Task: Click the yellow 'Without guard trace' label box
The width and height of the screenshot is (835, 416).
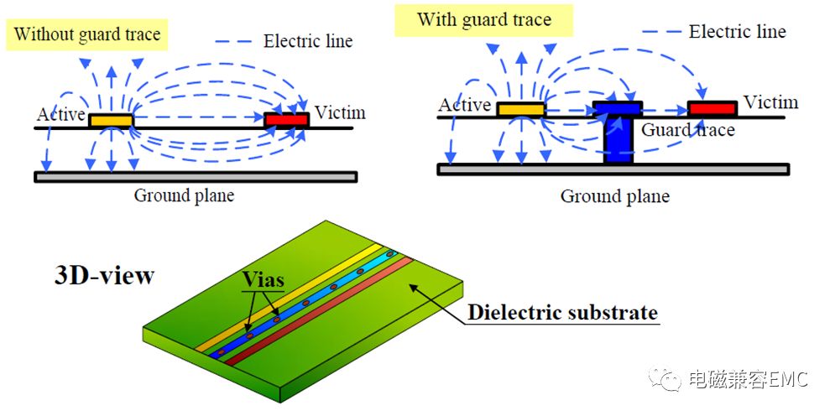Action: pos(86,34)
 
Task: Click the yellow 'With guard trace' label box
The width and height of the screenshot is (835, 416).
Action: pos(484,19)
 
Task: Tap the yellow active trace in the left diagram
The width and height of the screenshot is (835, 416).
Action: pos(111,121)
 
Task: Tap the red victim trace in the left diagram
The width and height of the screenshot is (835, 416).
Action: pos(286,120)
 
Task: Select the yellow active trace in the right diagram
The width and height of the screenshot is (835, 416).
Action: pos(521,109)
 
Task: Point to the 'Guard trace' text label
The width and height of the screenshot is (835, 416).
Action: pos(688,130)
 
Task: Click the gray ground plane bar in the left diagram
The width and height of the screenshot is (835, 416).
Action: pos(196,176)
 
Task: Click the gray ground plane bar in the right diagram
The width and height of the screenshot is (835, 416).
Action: pos(613,169)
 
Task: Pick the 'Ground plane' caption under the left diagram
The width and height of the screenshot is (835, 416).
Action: pos(184,196)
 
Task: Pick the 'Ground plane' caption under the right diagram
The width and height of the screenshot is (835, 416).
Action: pos(615,197)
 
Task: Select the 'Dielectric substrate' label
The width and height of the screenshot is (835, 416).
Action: pos(562,313)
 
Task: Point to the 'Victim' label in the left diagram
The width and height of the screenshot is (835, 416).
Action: pos(340,112)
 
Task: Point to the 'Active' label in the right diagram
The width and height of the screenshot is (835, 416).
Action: pos(465,105)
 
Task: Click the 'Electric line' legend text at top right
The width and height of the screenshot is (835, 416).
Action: pos(737,32)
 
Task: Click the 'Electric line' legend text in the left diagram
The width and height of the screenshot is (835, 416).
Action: pos(308,40)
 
